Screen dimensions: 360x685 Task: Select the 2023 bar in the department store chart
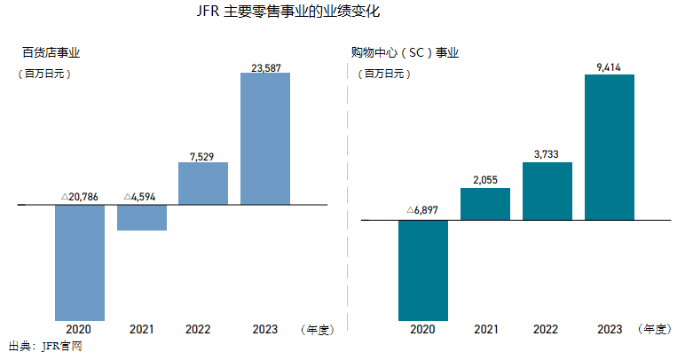point(265,138)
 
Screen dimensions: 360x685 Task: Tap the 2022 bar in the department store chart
point(203,184)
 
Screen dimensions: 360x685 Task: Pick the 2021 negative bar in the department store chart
point(142,218)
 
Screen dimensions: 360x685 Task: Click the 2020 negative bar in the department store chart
point(80,262)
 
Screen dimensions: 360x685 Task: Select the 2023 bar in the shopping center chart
point(610,147)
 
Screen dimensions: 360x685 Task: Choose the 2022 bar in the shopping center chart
point(547,191)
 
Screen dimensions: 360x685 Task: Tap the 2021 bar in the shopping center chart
point(485,204)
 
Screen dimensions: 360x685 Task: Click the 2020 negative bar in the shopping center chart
point(423,270)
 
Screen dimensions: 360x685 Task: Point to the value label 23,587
point(266,65)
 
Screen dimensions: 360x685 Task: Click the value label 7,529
point(203,155)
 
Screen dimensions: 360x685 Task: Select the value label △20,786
point(80,197)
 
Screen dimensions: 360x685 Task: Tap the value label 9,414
point(610,67)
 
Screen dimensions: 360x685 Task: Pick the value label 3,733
point(547,153)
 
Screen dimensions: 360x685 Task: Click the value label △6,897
point(422,211)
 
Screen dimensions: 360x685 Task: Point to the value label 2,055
point(485,179)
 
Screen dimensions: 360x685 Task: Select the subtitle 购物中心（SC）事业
point(405,53)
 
